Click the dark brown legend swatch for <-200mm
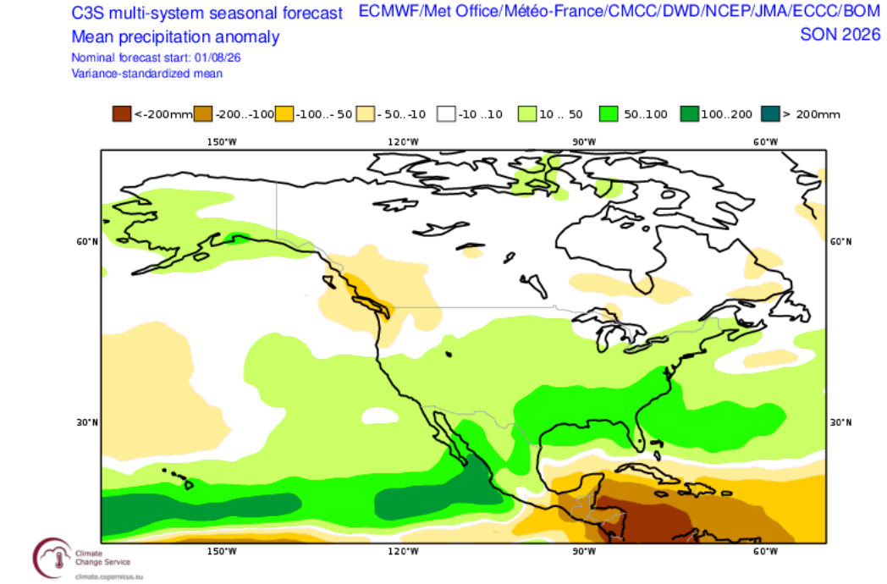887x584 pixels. pyautogui.click(x=122, y=113)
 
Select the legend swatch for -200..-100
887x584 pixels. pyautogui.click(x=203, y=113)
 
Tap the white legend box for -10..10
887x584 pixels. pyautogui.click(x=446, y=113)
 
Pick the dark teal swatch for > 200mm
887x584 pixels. pyautogui.click(x=770, y=113)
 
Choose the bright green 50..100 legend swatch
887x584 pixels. pyautogui.click(x=609, y=113)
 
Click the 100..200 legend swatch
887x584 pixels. pyautogui.click(x=690, y=113)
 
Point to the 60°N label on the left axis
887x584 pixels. pyautogui.click(x=87, y=241)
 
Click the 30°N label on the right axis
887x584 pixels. pyautogui.click(x=840, y=422)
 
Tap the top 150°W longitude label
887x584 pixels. pyautogui.click(x=222, y=141)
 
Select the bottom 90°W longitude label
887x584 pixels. pyautogui.click(x=584, y=551)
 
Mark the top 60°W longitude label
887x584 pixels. pyautogui.click(x=765, y=141)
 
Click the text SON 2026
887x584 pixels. pyautogui.click(x=840, y=35)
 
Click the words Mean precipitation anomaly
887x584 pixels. pyautogui.click(x=175, y=36)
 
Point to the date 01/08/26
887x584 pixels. pyautogui.click(x=218, y=58)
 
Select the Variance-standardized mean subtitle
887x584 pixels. pyautogui.click(x=147, y=74)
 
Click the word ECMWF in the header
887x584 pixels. pyautogui.click(x=389, y=11)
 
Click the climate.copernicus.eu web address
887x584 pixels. pyautogui.click(x=108, y=576)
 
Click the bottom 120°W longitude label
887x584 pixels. pyautogui.click(x=404, y=551)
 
